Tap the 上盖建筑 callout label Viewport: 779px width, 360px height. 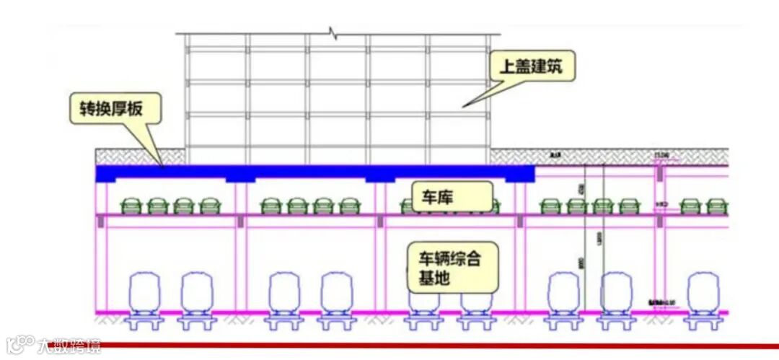coord(531,69)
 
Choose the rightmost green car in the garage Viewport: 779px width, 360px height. coord(717,206)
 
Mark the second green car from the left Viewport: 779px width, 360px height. coord(158,206)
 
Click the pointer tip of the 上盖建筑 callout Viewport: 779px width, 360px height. coord(464,107)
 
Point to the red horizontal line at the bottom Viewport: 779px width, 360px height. coord(433,345)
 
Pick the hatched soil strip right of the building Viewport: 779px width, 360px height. coord(606,156)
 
